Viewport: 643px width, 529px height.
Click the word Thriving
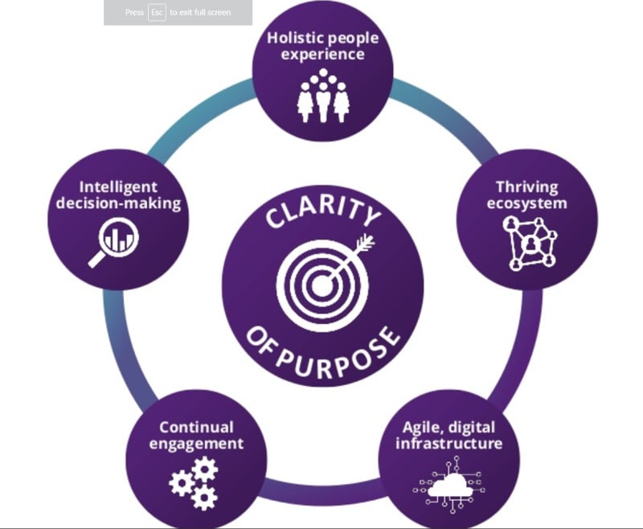[x=526, y=185]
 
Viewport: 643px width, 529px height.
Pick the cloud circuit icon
[x=451, y=483]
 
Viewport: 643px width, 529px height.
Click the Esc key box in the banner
[x=157, y=13]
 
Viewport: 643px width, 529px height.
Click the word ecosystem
[x=526, y=202]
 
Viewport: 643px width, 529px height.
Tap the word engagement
[x=196, y=444]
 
